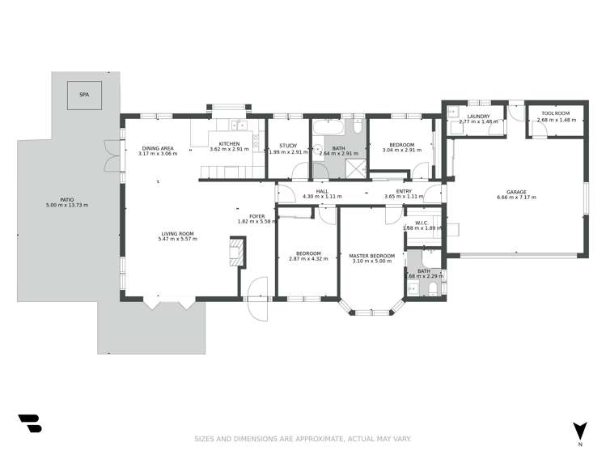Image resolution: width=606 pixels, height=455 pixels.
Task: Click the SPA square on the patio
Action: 84,95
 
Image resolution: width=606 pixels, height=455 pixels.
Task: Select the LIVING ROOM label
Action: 178,233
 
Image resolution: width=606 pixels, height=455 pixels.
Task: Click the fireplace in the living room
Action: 237,252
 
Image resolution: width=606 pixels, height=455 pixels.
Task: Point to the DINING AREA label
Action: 158,148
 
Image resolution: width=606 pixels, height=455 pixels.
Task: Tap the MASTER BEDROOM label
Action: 371,256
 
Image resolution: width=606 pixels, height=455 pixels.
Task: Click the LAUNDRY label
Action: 478,117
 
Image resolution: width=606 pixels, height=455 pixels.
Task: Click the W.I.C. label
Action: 422,223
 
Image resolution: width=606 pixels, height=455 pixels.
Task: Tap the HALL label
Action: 322,191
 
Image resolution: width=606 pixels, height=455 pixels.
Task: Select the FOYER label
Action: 256,216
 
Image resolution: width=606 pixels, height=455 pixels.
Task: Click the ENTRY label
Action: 404,191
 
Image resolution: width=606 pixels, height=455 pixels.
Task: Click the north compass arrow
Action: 579,431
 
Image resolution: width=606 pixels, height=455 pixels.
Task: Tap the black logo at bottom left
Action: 29,423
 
